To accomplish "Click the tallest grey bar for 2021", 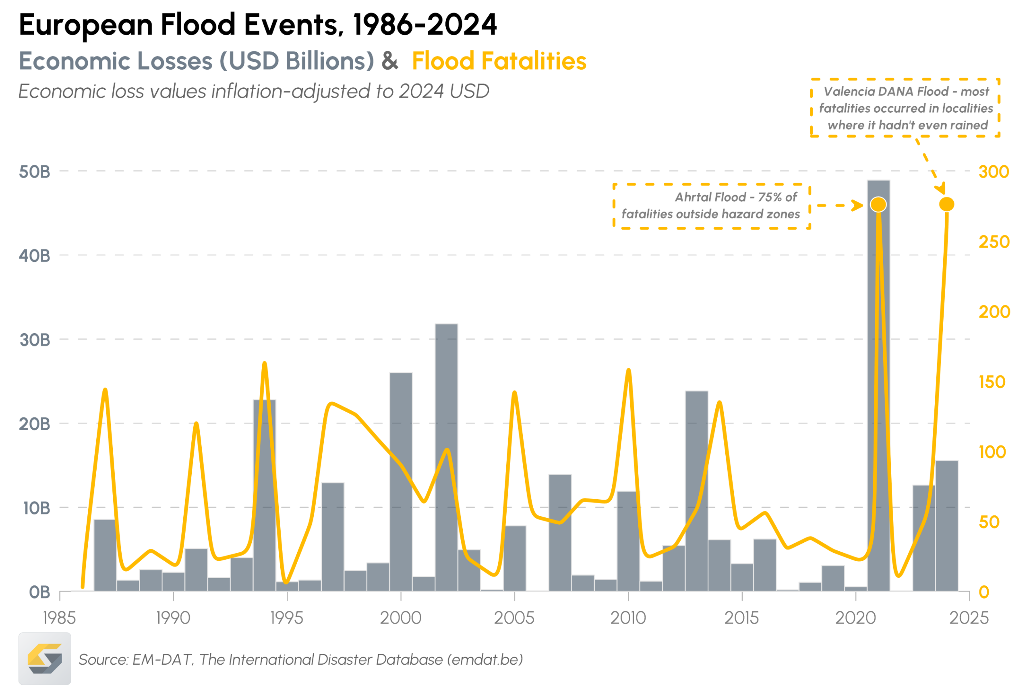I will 878,397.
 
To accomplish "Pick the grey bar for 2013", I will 697,490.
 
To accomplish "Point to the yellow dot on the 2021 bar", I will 878,205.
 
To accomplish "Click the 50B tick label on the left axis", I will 35,172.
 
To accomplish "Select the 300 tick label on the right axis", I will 994,172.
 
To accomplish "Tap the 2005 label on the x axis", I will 514,618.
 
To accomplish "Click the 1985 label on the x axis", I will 59,618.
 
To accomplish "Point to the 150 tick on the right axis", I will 992,382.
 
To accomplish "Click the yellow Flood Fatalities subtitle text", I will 499,60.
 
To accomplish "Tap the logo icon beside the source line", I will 45,659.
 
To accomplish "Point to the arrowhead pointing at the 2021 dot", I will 858,205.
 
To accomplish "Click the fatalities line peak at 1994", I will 264,364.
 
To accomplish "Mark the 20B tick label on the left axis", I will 35,424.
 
